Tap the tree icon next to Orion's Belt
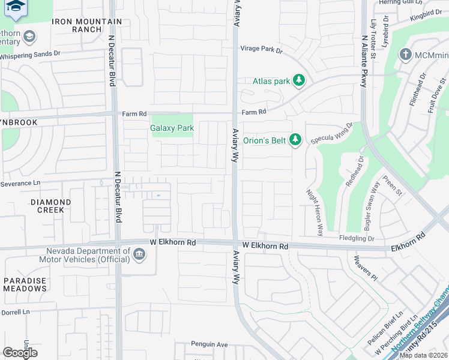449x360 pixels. [295, 139]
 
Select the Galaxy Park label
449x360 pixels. [172, 128]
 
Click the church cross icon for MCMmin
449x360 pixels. [406, 55]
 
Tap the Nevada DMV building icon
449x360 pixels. [139, 255]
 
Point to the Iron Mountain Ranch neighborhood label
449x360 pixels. [87, 25]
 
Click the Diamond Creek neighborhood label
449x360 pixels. [47, 206]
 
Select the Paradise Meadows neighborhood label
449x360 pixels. [25, 284]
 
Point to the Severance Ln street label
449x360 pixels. [20, 183]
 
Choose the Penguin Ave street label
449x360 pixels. [209, 344]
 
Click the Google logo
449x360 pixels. [20, 353]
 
